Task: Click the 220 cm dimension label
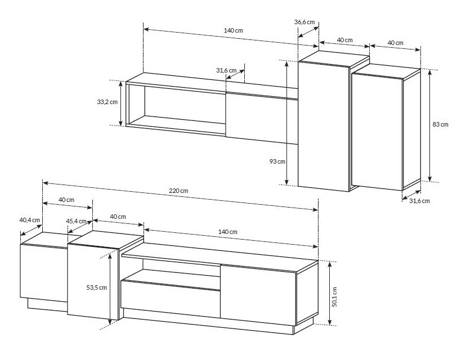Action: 178,191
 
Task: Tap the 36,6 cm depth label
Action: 304,22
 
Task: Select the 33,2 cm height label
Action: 107,102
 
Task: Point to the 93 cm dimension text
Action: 277,161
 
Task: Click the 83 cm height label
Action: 440,124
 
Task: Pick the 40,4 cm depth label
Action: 30,220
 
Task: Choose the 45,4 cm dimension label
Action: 77,221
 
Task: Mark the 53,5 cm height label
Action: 97,287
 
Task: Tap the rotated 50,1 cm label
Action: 335,297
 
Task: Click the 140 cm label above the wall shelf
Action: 234,30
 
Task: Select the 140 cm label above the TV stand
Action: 227,232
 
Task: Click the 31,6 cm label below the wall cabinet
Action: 419,201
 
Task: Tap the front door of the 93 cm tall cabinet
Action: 324,126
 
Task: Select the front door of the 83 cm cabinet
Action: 377,132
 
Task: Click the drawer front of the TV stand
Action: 171,299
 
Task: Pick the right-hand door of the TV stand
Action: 258,295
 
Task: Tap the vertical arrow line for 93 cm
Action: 287,123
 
